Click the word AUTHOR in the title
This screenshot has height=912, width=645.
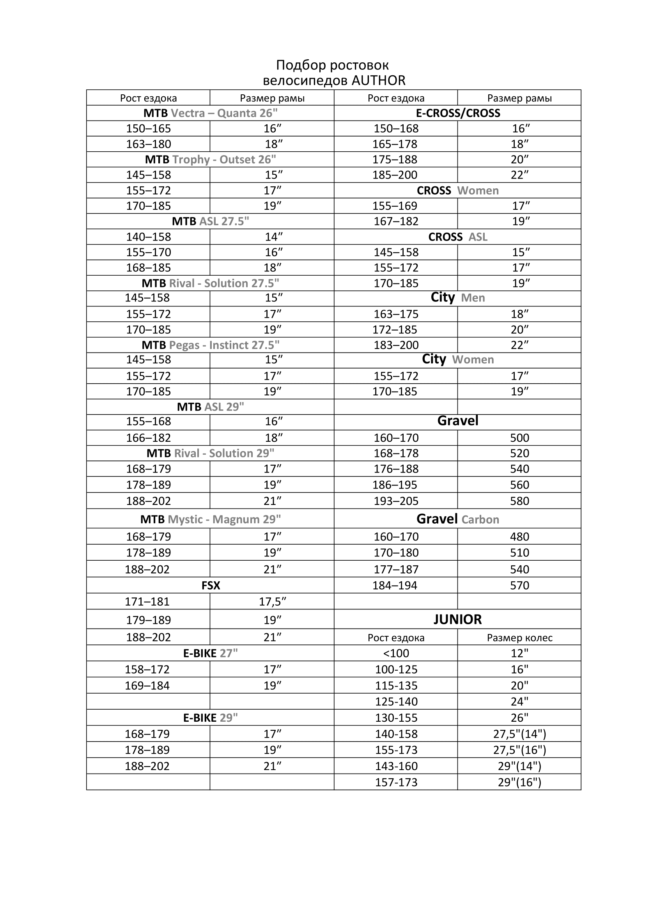(x=379, y=81)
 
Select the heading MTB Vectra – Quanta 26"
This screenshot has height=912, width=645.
(x=211, y=113)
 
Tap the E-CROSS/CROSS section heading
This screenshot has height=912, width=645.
(x=458, y=113)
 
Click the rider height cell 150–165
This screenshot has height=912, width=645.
(x=149, y=129)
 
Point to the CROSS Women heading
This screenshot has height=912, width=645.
(x=457, y=191)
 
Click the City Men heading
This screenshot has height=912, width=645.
(x=457, y=298)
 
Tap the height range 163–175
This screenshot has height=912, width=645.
(x=396, y=314)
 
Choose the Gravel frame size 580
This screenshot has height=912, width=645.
(x=519, y=501)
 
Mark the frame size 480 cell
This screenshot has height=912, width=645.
(x=519, y=537)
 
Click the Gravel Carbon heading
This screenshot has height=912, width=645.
(x=457, y=519)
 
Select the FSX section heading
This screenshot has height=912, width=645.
(x=211, y=586)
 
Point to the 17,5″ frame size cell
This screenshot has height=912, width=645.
(x=273, y=602)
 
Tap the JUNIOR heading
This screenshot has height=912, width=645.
(x=457, y=620)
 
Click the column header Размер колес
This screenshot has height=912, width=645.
(x=519, y=638)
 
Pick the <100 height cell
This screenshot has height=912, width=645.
(x=396, y=653)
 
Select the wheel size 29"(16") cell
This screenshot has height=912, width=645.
(x=519, y=783)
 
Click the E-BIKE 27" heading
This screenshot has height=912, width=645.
(x=211, y=653)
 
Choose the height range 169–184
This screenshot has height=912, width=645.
(x=147, y=685)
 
